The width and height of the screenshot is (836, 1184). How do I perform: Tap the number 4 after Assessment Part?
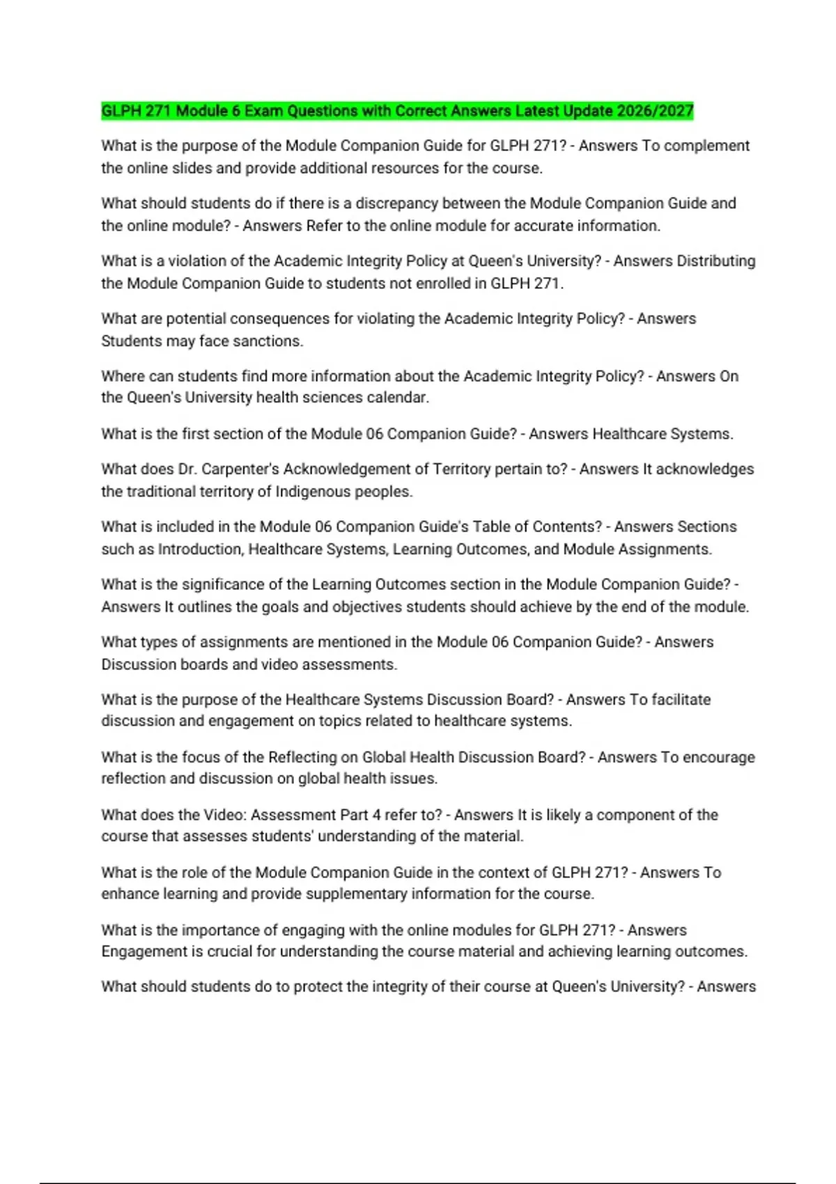[x=377, y=815]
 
